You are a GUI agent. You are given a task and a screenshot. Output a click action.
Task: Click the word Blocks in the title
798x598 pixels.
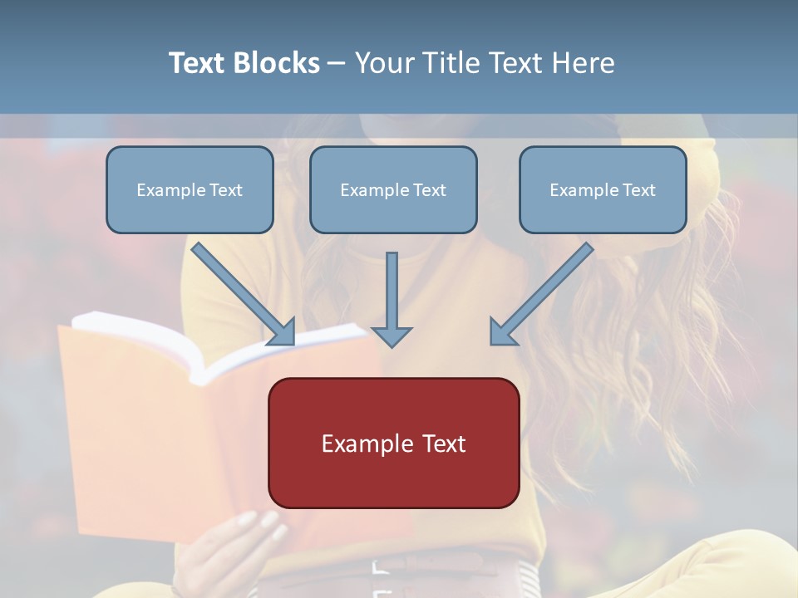(278, 63)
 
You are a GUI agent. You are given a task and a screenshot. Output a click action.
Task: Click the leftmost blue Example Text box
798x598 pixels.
(190, 190)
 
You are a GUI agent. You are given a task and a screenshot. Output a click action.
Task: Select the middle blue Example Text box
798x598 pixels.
(393, 190)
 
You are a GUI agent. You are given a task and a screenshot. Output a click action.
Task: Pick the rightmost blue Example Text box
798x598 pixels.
(603, 190)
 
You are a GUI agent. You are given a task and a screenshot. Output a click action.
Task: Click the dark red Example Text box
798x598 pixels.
(393, 444)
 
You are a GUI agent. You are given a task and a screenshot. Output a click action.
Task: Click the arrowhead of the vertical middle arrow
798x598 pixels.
(392, 336)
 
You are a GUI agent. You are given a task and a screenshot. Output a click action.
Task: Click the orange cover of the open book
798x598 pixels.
(125, 432)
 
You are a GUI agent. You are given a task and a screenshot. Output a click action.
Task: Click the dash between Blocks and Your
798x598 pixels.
(337, 63)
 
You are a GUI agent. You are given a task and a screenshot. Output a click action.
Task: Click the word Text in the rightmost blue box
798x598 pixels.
(638, 190)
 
